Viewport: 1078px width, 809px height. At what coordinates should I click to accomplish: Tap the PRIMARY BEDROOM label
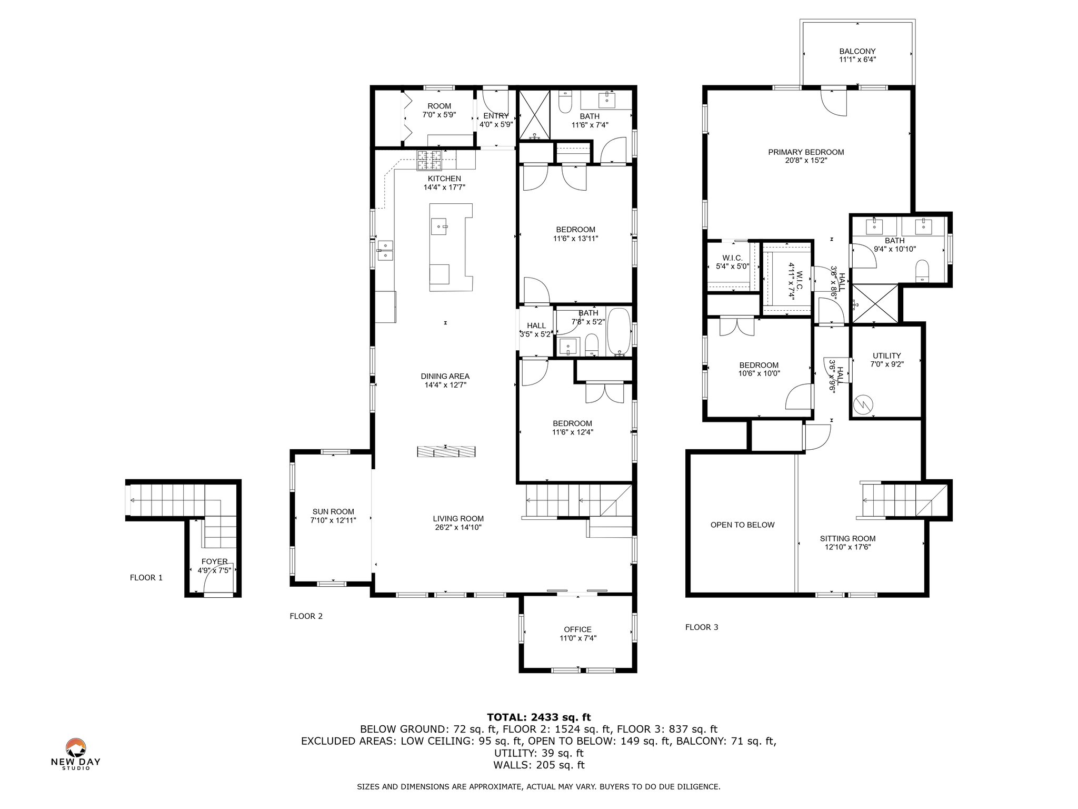coord(806,152)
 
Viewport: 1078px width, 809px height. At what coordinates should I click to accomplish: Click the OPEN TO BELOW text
coord(742,525)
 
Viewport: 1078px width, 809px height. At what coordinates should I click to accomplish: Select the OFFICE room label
coord(577,629)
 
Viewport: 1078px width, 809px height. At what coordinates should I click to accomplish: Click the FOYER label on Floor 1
coord(214,561)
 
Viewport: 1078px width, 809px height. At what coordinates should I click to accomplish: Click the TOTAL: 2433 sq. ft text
coord(539,717)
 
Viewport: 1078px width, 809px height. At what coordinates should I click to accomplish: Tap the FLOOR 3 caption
coord(702,627)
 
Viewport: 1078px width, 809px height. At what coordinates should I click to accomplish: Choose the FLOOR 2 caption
coord(306,616)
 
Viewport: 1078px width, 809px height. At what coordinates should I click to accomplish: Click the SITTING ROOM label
coord(847,538)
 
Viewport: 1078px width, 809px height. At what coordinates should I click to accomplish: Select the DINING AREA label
coord(445,376)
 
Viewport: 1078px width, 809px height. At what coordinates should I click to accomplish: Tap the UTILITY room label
coord(886,356)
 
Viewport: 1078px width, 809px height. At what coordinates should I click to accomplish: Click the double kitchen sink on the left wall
coord(385,251)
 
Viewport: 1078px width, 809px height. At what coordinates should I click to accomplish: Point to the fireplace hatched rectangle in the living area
coord(446,452)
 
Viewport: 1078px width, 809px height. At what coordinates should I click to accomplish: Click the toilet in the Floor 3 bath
coord(922,271)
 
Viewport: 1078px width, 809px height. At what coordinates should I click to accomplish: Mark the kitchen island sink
coord(439,226)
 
